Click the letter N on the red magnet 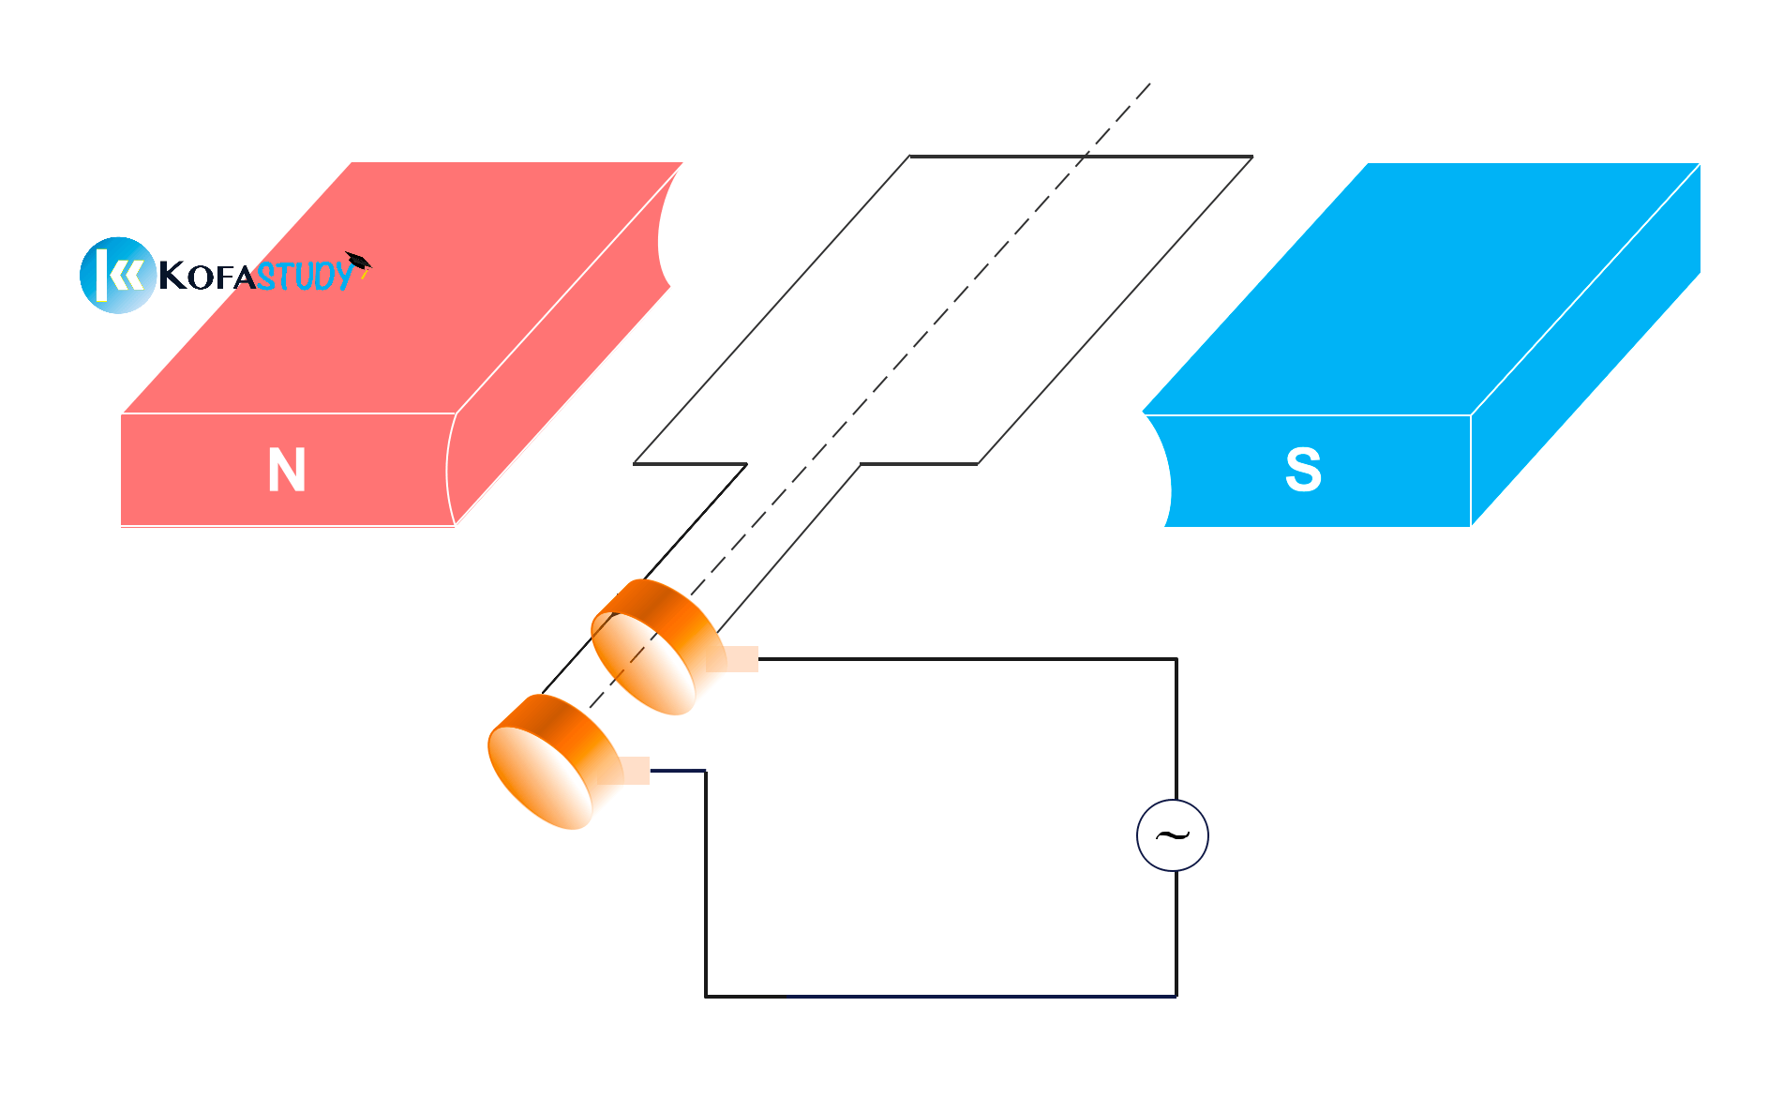tap(287, 470)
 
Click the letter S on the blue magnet tap(1303, 470)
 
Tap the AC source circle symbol tap(1173, 835)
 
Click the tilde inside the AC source tap(1173, 834)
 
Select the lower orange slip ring tap(553, 761)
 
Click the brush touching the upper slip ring tap(732, 659)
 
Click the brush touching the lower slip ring tap(624, 771)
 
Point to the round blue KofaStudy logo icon tap(118, 275)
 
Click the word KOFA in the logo tap(206, 276)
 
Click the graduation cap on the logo tap(358, 262)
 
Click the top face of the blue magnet tap(1420, 289)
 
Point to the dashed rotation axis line tap(869, 397)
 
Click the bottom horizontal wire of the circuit tap(941, 996)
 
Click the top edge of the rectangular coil tap(1081, 157)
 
